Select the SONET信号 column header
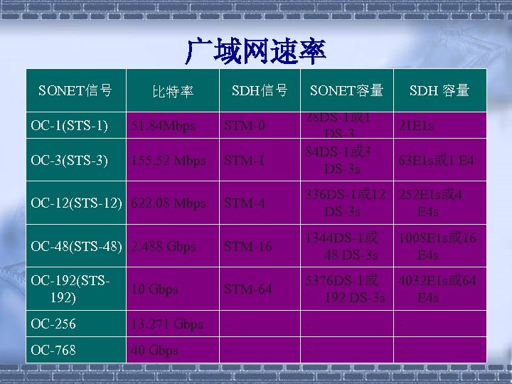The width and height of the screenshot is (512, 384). pos(75,90)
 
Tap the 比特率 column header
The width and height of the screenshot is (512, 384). pos(173,92)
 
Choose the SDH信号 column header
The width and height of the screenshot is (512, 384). pos(260,90)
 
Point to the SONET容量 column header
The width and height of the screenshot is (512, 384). pos(346,90)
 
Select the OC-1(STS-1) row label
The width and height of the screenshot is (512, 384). pos(70,126)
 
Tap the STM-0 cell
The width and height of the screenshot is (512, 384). pos(245,127)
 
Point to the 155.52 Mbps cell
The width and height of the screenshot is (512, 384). pos(167,161)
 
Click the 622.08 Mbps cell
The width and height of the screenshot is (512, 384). pos(167,204)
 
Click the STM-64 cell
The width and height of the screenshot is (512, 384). pos(247,290)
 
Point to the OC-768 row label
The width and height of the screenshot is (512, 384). pos(53,351)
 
